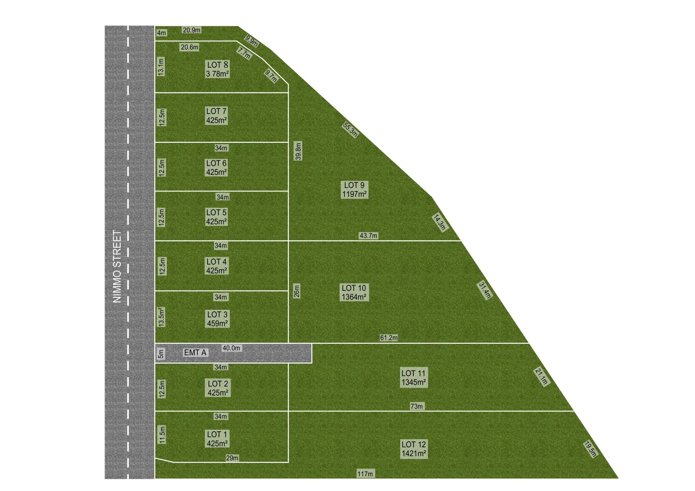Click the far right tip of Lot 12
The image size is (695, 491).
pos(619,478)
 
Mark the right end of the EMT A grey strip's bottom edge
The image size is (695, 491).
pos(312,363)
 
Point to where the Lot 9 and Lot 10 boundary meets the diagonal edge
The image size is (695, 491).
pos(461,240)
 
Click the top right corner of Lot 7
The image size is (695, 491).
pos(289,93)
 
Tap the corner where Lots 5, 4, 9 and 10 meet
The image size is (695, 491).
pos(289,240)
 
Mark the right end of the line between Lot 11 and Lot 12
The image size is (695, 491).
pos(574,411)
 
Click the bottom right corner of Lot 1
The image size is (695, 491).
pos(289,462)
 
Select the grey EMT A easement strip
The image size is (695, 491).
pos(233,353)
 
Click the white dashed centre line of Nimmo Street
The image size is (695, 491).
pos(128,252)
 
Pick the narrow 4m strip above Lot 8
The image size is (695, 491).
pos(197,34)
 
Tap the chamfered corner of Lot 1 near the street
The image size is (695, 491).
pos(164,460)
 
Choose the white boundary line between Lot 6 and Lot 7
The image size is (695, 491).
pos(222,142)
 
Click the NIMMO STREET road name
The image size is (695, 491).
pos(117,266)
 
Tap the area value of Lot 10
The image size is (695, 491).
pos(354,297)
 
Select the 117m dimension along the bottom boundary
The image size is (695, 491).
pos(365,474)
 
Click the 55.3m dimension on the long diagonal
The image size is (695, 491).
pos(350,130)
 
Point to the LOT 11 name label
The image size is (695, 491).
pos(413,373)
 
